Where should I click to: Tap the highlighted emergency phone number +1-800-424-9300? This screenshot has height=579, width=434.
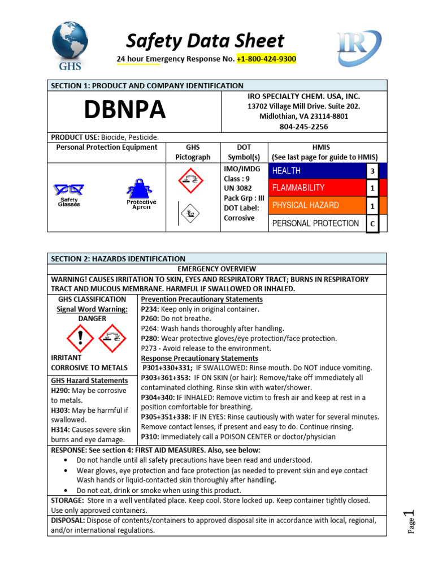pos(266,59)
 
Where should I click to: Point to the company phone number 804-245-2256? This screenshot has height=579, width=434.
pos(303,127)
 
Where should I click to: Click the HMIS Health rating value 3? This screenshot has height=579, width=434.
pos(372,171)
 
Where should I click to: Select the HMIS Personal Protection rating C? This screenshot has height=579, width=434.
pos(372,223)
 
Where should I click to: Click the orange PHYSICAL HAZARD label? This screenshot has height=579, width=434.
pos(306,205)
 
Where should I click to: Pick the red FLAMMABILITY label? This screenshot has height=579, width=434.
pos(298,188)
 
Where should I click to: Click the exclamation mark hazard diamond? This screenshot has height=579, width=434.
pos(80,339)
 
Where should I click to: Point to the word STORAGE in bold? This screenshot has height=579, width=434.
pos(67,500)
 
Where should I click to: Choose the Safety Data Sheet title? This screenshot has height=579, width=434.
pos(205,41)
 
